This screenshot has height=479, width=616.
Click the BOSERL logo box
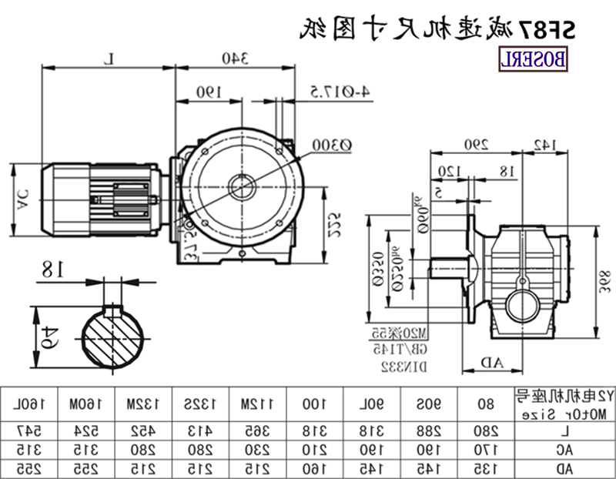(x=534, y=59)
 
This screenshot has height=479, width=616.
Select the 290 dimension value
(x=475, y=144)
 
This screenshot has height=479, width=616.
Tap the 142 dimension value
(x=543, y=144)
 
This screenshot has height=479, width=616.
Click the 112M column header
(x=253, y=403)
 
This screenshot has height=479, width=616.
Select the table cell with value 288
(x=424, y=427)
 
